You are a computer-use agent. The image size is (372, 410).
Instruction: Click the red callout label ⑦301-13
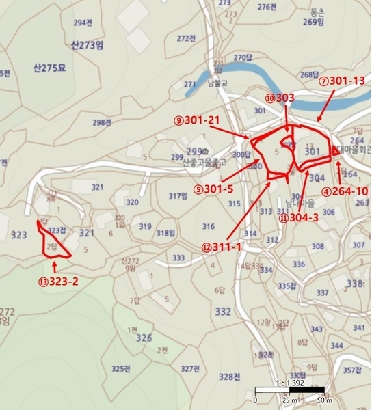[342, 81]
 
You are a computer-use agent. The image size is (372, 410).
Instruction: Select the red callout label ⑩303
[280, 98]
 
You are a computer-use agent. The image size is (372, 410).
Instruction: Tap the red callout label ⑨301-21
[197, 120]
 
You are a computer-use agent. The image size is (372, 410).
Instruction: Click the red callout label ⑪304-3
[300, 219]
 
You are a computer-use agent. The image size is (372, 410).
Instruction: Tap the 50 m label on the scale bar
[315, 400]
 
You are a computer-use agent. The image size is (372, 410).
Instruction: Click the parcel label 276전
[267, 7]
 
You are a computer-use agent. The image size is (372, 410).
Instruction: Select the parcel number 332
[223, 312]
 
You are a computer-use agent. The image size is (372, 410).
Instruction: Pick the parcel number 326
[144, 338]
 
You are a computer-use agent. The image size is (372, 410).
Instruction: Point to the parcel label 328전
[230, 377]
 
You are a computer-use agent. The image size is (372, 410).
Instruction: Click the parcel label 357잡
[351, 370]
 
